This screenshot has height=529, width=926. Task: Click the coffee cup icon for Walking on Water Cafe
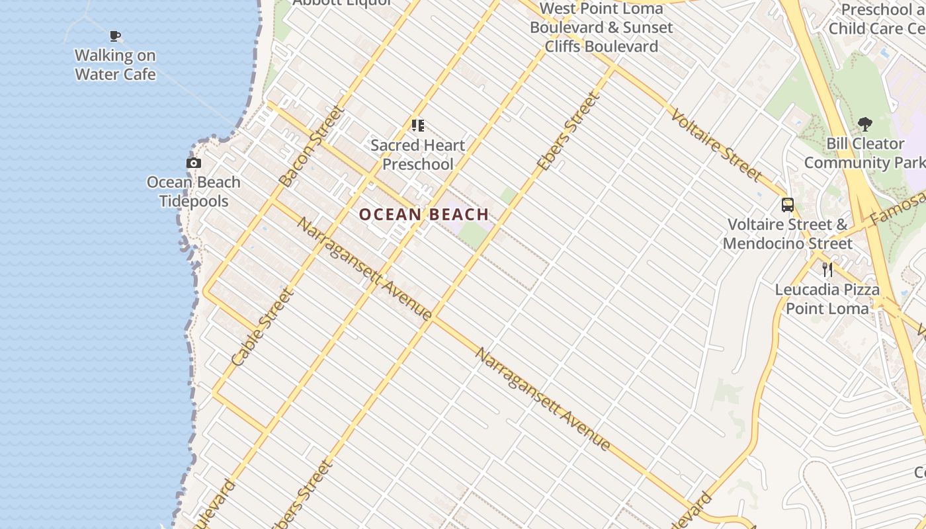coord(115,36)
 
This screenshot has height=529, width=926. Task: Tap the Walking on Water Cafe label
coord(115,65)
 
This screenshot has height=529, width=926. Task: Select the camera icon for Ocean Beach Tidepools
coord(194,163)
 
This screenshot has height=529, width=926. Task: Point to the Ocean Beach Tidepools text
coord(194,192)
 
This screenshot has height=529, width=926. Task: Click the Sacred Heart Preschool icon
coord(417,125)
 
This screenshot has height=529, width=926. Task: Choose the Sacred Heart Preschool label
coord(418,155)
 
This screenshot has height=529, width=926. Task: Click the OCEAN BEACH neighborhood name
coord(424,214)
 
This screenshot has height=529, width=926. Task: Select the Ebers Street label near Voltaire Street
coord(568,132)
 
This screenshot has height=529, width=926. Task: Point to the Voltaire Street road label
coord(716,145)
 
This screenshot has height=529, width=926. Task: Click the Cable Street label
coord(262,327)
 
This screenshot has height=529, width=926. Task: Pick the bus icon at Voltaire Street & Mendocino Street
coord(787,205)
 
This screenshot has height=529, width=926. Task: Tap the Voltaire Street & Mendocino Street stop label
coord(787,234)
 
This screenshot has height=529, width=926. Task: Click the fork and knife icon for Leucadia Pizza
coord(827,269)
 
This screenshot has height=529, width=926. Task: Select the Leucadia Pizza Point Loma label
coord(827,299)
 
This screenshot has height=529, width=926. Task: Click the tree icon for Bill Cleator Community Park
coord(864,124)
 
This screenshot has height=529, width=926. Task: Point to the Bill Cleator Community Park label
coord(864,153)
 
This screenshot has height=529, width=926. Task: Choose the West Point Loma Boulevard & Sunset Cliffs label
coord(601,28)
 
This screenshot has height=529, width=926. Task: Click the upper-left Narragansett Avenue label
coord(364,268)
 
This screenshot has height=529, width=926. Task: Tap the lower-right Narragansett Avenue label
coord(542,399)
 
